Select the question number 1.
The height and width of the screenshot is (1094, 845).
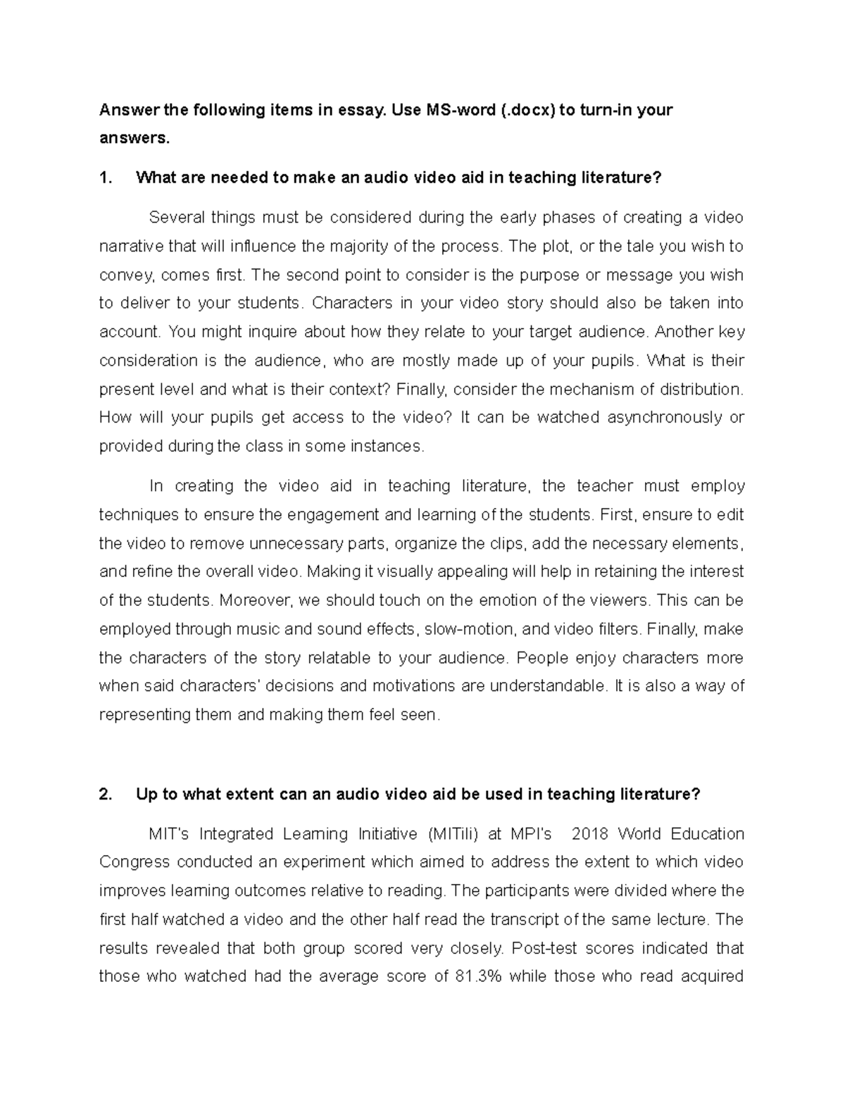click(106, 178)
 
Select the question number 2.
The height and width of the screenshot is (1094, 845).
click(106, 794)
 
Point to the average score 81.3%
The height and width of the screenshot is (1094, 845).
click(474, 976)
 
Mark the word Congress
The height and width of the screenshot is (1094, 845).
click(134, 862)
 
